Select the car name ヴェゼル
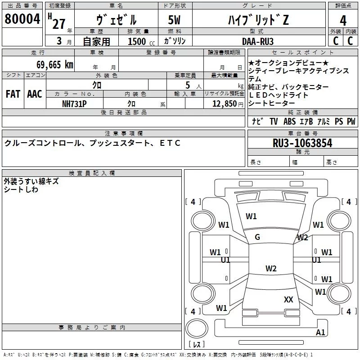click(x=116, y=20)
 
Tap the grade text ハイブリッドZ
click(x=257, y=20)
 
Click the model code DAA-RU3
click(x=257, y=40)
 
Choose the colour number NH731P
click(x=74, y=103)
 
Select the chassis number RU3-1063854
click(x=302, y=144)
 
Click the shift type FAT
click(x=13, y=94)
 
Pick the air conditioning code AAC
click(x=34, y=94)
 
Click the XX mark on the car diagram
click(x=288, y=299)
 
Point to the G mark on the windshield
click(x=257, y=237)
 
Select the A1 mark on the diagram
click(x=320, y=333)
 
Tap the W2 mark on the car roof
click(x=270, y=269)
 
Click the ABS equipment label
click(x=290, y=121)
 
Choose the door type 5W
click(x=175, y=20)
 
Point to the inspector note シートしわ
click(x=21, y=189)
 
